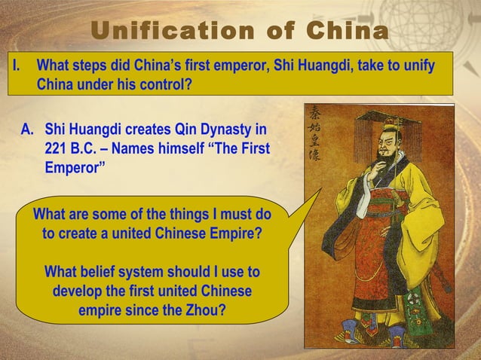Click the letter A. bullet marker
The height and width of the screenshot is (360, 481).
(28, 130)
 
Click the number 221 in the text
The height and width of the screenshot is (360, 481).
(57, 148)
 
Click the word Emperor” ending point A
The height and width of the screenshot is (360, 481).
(72, 166)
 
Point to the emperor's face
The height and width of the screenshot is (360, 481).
(384, 147)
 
